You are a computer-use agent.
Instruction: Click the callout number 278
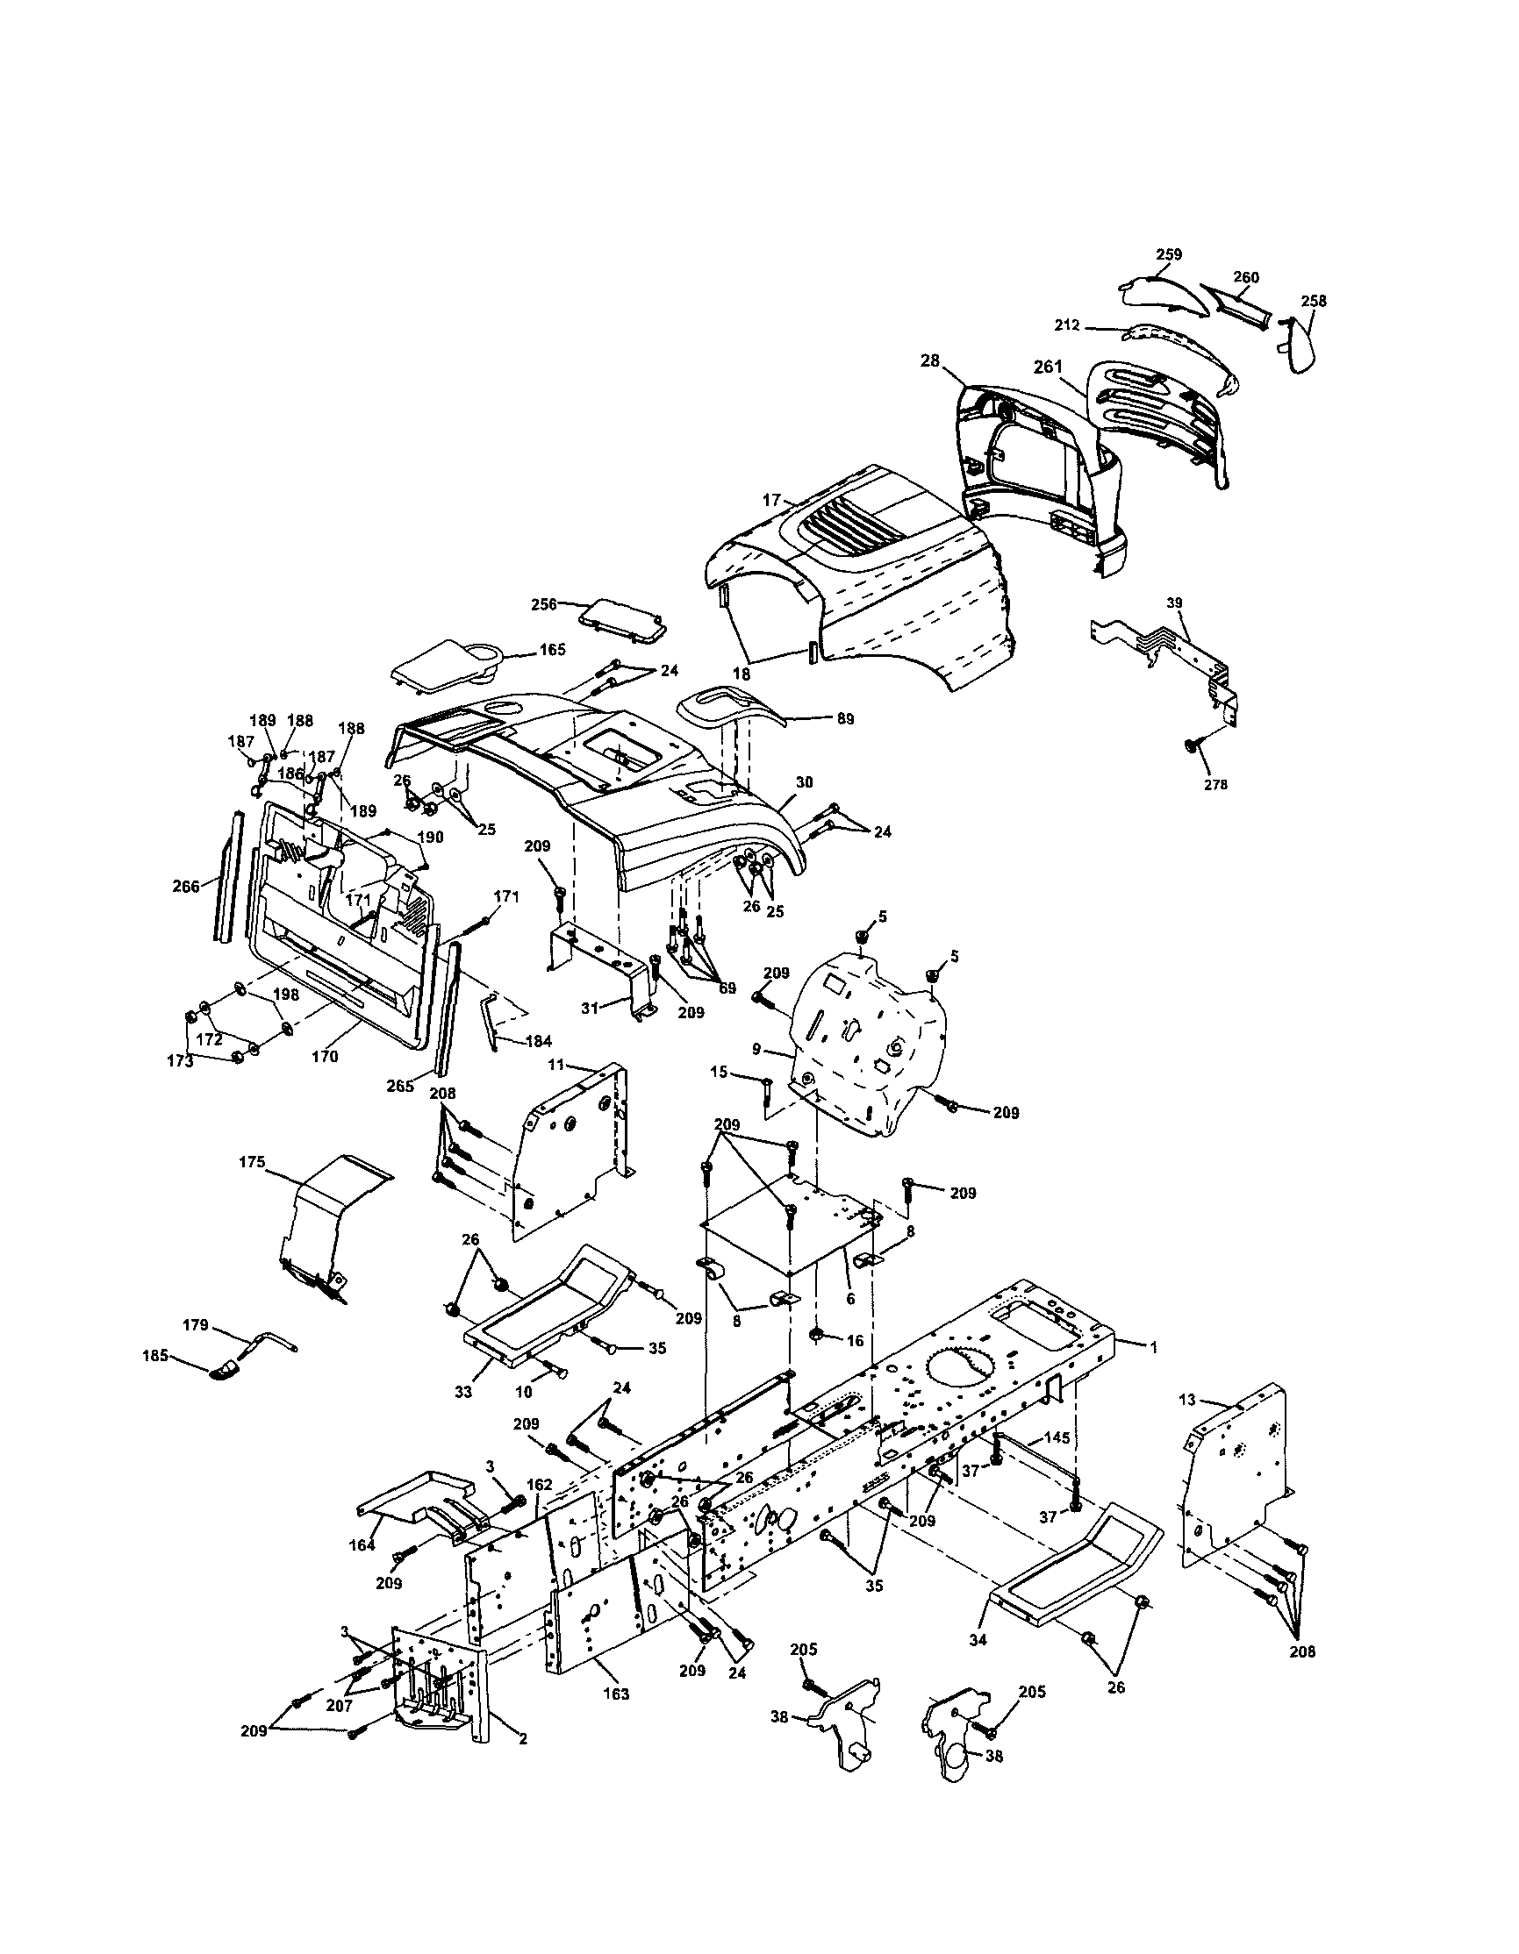[x=1215, y=785]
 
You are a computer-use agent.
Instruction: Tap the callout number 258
[x=1313, y=301]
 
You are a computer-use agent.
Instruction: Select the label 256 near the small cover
[x=568, y=604]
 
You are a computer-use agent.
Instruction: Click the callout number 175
[x=252, y=1162]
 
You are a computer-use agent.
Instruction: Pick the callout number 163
[x=616, y=1694]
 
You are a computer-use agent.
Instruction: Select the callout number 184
[x=539, y=1040]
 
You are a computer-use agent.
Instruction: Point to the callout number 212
[x=1067, y=326]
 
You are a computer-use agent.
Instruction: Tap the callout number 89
[x=844, y=718]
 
